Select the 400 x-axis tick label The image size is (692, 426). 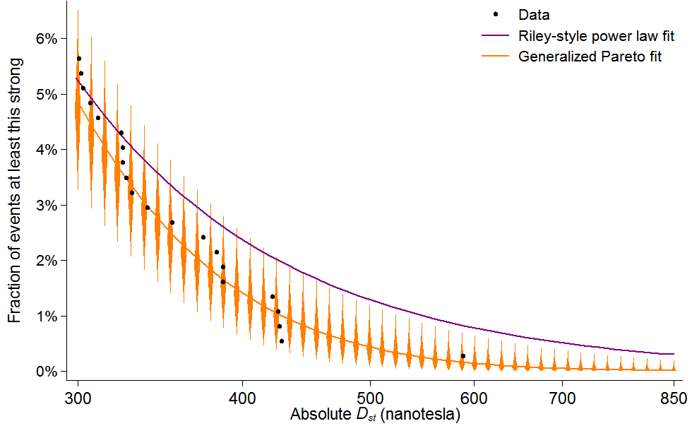tap(242, 397)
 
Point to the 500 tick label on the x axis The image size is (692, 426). tap(370, 397)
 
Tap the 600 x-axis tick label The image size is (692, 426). tap(474, 397)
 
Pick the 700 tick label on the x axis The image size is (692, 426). tap(562, 397)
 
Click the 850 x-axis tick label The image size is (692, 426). tap(674, 397)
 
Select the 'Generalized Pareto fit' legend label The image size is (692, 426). tap(590, 57)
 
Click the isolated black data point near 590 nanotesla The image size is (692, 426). tap(463, 356)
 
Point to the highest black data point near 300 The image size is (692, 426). tap(78, 59)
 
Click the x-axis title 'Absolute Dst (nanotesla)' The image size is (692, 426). tap(375, 415)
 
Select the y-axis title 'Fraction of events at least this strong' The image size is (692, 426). tap(15, 191)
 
